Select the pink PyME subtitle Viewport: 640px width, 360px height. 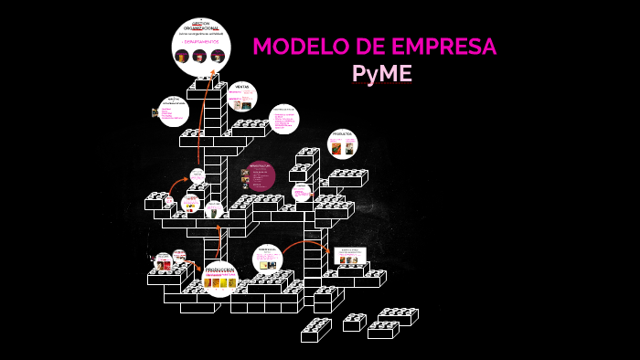[x=381, y=74]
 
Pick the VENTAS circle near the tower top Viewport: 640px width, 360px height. [x=241, y=97]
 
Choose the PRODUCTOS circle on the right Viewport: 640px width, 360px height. [x=342, y=143]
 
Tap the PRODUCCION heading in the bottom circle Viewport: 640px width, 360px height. [x=220, y=270]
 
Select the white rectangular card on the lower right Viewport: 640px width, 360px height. [x=350, y=256]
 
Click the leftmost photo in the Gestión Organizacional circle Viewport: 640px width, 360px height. [x=183, y=56]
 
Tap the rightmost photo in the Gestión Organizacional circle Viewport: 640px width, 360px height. [x=218, y=56]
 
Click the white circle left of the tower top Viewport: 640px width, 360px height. [x=173, y=111]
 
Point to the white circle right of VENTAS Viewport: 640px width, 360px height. [x=283, y=119]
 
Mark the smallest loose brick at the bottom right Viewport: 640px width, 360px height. [x=353, y=322]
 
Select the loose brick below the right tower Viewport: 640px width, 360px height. [x=315, y=330]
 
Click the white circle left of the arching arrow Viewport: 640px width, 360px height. [x=267, y=259]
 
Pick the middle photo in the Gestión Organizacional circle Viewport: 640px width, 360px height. [x=200, y=56]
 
